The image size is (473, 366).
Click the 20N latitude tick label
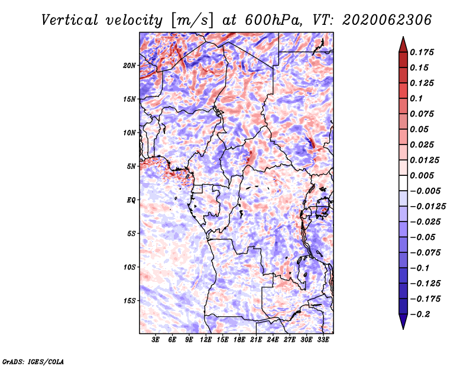pos(129,66)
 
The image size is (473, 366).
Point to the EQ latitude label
pos(131,200)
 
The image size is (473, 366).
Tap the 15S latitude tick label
pos(129,301)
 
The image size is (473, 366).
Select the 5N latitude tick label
pos(131,166)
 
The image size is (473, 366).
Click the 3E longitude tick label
pos(155,340)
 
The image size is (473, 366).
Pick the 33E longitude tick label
pos(323,340)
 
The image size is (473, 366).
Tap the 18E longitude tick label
pos(239,340)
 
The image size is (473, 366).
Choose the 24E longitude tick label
pos(273,340)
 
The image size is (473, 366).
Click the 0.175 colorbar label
pos(422,52)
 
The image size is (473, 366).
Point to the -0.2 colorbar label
pos(420,314)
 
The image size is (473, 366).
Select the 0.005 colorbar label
pos(422,175)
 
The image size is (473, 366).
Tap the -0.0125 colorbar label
pos(428,207)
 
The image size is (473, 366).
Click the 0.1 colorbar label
pos(416,98)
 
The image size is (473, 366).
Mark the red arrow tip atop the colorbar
pos(403,37)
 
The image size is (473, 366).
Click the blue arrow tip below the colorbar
pos(403,329)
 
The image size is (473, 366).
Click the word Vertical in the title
pos(69,20)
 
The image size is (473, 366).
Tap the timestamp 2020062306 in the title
pos(387,20)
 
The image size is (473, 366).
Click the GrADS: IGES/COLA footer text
pos(33,362)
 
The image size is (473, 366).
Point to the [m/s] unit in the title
pos(192,21)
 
